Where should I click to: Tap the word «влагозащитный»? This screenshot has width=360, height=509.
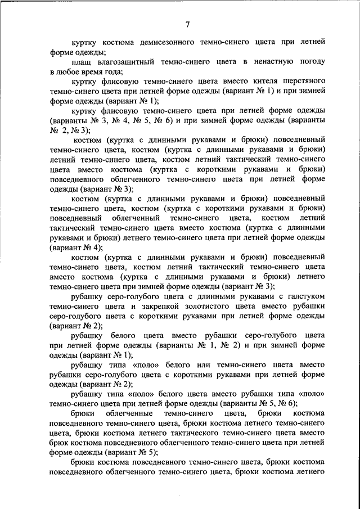tap(123, 62)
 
